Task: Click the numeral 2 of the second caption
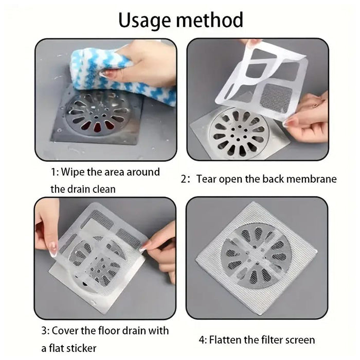point(184,179)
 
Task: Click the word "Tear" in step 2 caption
point(206,179)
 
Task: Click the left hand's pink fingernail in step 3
point(52,251)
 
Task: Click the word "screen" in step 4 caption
point(297,340)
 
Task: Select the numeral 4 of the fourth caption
point(201,340)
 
